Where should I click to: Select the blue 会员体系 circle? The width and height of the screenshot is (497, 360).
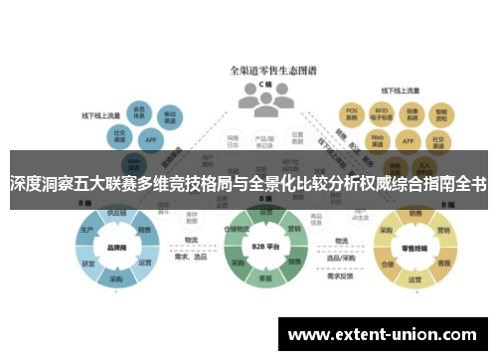140,112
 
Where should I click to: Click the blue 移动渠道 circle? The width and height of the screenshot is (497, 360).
171,116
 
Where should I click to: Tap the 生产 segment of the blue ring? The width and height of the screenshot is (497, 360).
87,231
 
